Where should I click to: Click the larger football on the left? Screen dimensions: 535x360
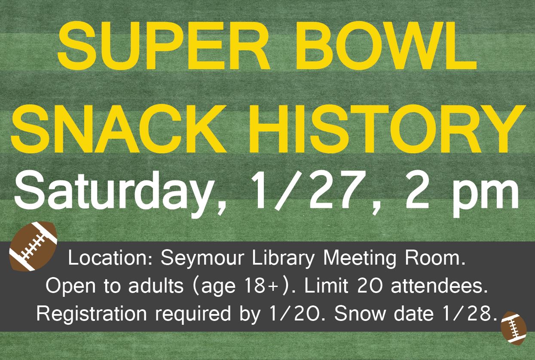pos(33,246)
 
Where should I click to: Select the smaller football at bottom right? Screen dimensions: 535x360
pos(513,328)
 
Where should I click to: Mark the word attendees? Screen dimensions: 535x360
pos(439,286)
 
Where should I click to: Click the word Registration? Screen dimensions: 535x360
pos(92,313)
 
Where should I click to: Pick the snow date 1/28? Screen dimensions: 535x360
pos(465,313)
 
